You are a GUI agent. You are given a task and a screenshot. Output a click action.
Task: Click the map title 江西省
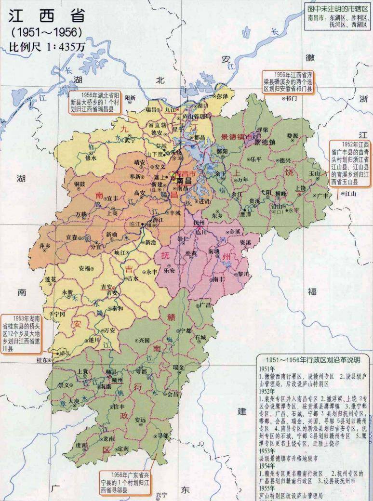point(47,16)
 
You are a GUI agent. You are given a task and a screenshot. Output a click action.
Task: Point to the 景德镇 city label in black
point(265,143)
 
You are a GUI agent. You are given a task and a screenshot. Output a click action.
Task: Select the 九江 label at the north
point(171,109)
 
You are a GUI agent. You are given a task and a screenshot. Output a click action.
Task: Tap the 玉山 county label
point(314,172)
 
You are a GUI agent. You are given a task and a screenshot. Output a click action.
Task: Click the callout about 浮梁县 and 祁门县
point(288,82)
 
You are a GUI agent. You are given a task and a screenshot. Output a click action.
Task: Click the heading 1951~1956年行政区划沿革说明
point(313,359)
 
